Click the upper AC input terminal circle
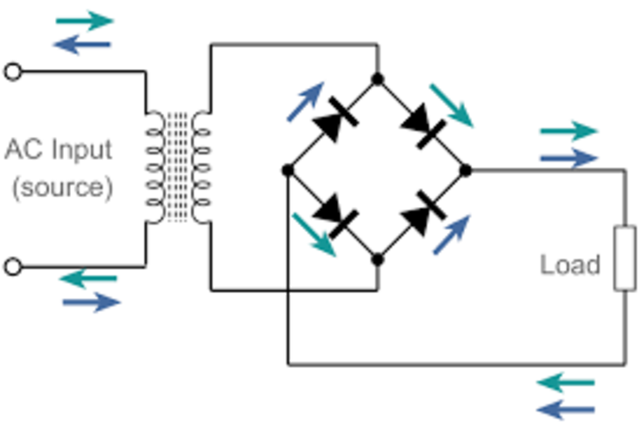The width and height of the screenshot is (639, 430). [13, 72]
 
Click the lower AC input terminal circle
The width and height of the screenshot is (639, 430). [13, 267]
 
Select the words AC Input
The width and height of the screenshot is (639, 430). [59, 150]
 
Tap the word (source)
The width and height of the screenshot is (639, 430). [62, 187]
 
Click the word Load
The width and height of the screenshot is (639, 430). [570, 265]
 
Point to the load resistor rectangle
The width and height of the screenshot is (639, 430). [625, 258]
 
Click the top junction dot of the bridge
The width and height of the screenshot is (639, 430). [378, 79]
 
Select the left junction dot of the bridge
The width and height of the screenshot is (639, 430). [288, 170]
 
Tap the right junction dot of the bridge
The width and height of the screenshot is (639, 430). [465, 170]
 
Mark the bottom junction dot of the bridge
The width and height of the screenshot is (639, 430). [378, 259]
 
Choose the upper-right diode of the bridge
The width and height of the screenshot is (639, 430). [422, 125]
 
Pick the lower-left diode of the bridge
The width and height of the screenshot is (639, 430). [335, 216]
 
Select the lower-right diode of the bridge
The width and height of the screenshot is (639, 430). [422, 212]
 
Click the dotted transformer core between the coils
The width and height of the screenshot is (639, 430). [177, 167]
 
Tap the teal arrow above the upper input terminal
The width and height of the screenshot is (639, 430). [85, 20]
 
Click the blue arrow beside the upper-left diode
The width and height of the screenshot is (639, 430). [305, 101]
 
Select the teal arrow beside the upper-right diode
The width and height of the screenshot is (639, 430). [452, 106]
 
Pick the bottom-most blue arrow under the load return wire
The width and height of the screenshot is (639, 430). [565, 410]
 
